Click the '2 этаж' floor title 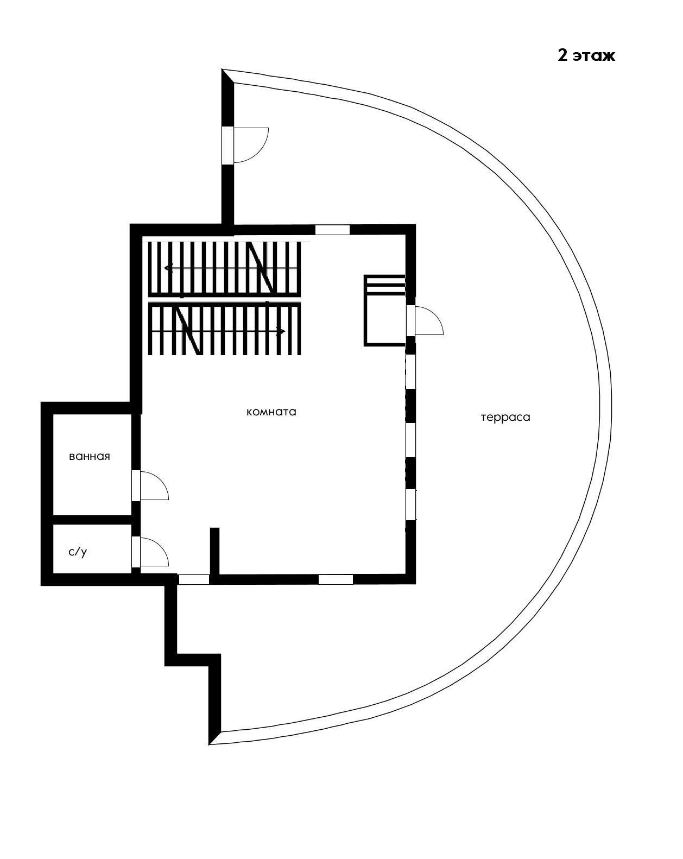(586, 55)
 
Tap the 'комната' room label (271, 412)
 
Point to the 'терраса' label (505, 418)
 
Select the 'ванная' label (90, 457)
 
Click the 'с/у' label (78, 552)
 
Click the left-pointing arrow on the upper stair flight (169, 268)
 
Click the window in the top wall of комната (332, 230)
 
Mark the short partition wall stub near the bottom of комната (214, 549)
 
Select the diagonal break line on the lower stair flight (188, 331)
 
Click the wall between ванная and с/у (92, 520)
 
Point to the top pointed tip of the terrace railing (224, 71)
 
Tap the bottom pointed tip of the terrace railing (211, 743)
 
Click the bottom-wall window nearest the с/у (194, 579)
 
